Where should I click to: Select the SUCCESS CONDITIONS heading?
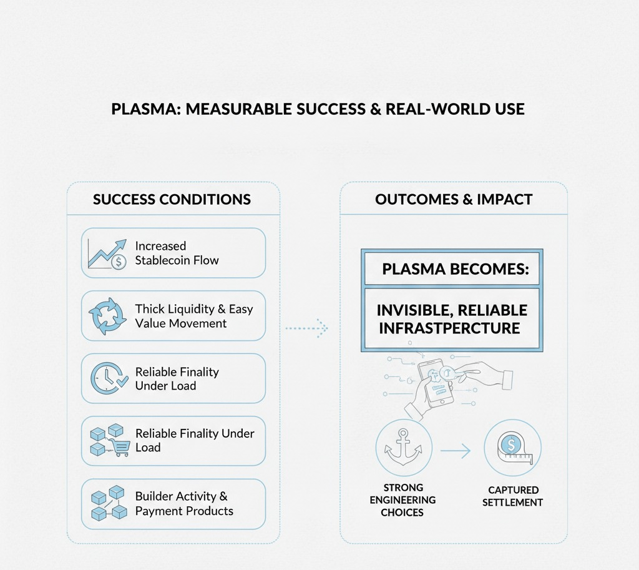(172, 200)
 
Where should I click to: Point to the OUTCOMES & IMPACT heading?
(454, 200)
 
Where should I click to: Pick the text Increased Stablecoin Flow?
(177, 253)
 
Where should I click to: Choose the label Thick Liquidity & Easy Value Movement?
(193, 316)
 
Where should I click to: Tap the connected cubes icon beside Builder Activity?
(107, 504)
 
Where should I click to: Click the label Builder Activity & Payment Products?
(184, 503)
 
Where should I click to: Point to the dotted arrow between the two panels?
(306, 327)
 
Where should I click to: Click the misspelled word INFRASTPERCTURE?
(449, 328)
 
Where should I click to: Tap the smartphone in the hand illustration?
(436, 382)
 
